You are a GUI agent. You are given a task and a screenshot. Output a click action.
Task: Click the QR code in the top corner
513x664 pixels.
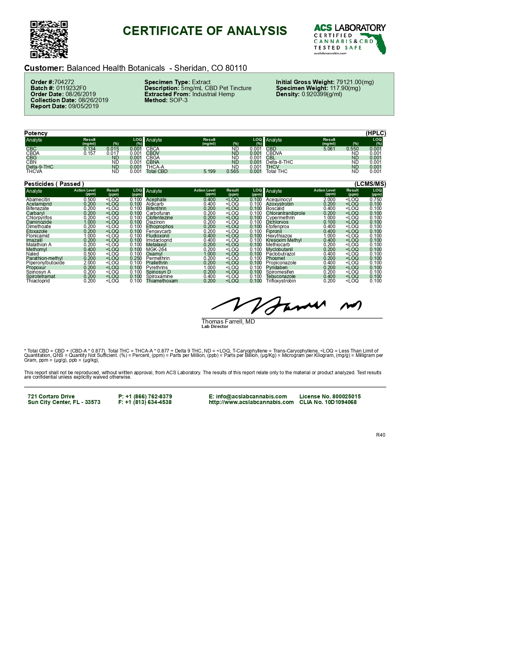coord(49,39)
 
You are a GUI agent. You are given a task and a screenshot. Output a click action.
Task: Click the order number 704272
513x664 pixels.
coord(64,82)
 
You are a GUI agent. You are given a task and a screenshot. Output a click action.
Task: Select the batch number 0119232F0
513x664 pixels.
coord(71,88)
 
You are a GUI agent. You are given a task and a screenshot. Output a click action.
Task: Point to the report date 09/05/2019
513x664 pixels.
coord(83,106)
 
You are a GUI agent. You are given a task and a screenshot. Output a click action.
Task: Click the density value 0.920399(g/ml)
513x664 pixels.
coord(322,94)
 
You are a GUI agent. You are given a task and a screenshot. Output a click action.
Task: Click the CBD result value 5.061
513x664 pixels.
coord(329,149)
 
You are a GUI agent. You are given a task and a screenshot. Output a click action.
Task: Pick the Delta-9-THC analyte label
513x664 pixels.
coord(39,167)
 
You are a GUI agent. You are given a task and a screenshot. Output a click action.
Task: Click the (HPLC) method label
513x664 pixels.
coord(376,133)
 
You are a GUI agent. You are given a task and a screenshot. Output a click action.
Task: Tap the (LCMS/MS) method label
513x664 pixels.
coord(370,184)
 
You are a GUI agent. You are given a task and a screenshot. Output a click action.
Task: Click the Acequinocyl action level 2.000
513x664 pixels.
coord(329,200)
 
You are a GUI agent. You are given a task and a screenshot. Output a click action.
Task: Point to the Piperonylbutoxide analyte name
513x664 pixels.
coord(45,263)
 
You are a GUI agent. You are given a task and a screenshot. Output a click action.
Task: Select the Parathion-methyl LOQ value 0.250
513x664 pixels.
coord(136,258)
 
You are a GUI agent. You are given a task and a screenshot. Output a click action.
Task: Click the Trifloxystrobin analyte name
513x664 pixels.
coord(281,281)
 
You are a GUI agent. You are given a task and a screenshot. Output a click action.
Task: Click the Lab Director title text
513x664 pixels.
coord(215,327)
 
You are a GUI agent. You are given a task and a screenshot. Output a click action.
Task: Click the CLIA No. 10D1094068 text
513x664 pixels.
coord(328,402)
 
